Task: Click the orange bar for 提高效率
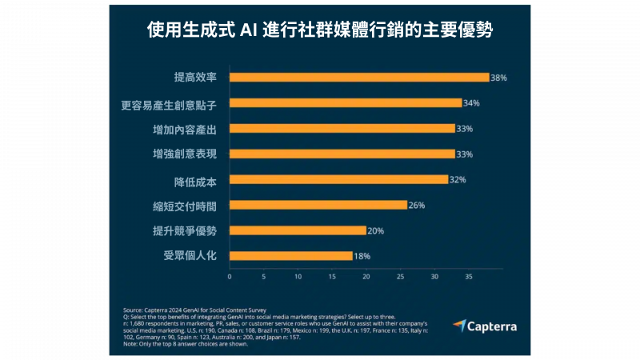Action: pyautogui.click(x=358, y=78)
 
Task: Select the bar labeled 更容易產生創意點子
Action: pyautogui.click(x=346, y=103)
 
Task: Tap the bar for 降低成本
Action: pyautogui.click(x=338, y=179)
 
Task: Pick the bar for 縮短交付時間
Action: pyautogui.click(x=318, y=205)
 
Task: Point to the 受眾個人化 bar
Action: pyautogui.click(x=290, y=256)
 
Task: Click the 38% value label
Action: pyautogui.click(x=499, y=78)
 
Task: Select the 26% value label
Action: pyautogui.click(x=417, y=205)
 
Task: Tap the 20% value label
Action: pyautogui.click(x=375, y=230)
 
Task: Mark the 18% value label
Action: pyautogui.click(x=362, y=256)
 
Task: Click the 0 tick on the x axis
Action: pyautogui.click(x=230, y=277)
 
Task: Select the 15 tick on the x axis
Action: pyautogui.click(x=332, y=277)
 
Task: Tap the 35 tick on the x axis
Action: pyautogui.click(x=469, y=277)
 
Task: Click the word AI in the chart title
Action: pyautogui.click(x=249, y=31)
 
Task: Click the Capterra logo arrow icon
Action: pyautogui.click(x=459, y=326)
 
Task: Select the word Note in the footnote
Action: pyautogui.click(x=131, y=345)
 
